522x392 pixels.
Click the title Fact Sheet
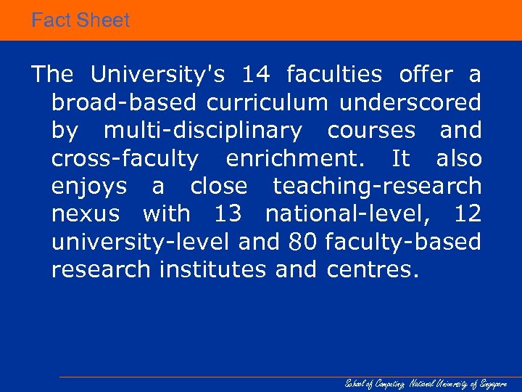coord(80,20)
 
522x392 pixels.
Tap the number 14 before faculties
coord(256,75)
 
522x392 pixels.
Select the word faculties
coord(334,75)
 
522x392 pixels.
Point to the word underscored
coord(410,103)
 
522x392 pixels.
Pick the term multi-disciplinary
coord(203,131)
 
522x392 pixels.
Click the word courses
coord(371,131)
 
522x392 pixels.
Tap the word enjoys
coord(89,187)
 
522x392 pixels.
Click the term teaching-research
coord(377,187)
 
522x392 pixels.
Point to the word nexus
coord(84,215)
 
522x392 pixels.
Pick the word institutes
coord(213,270)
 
